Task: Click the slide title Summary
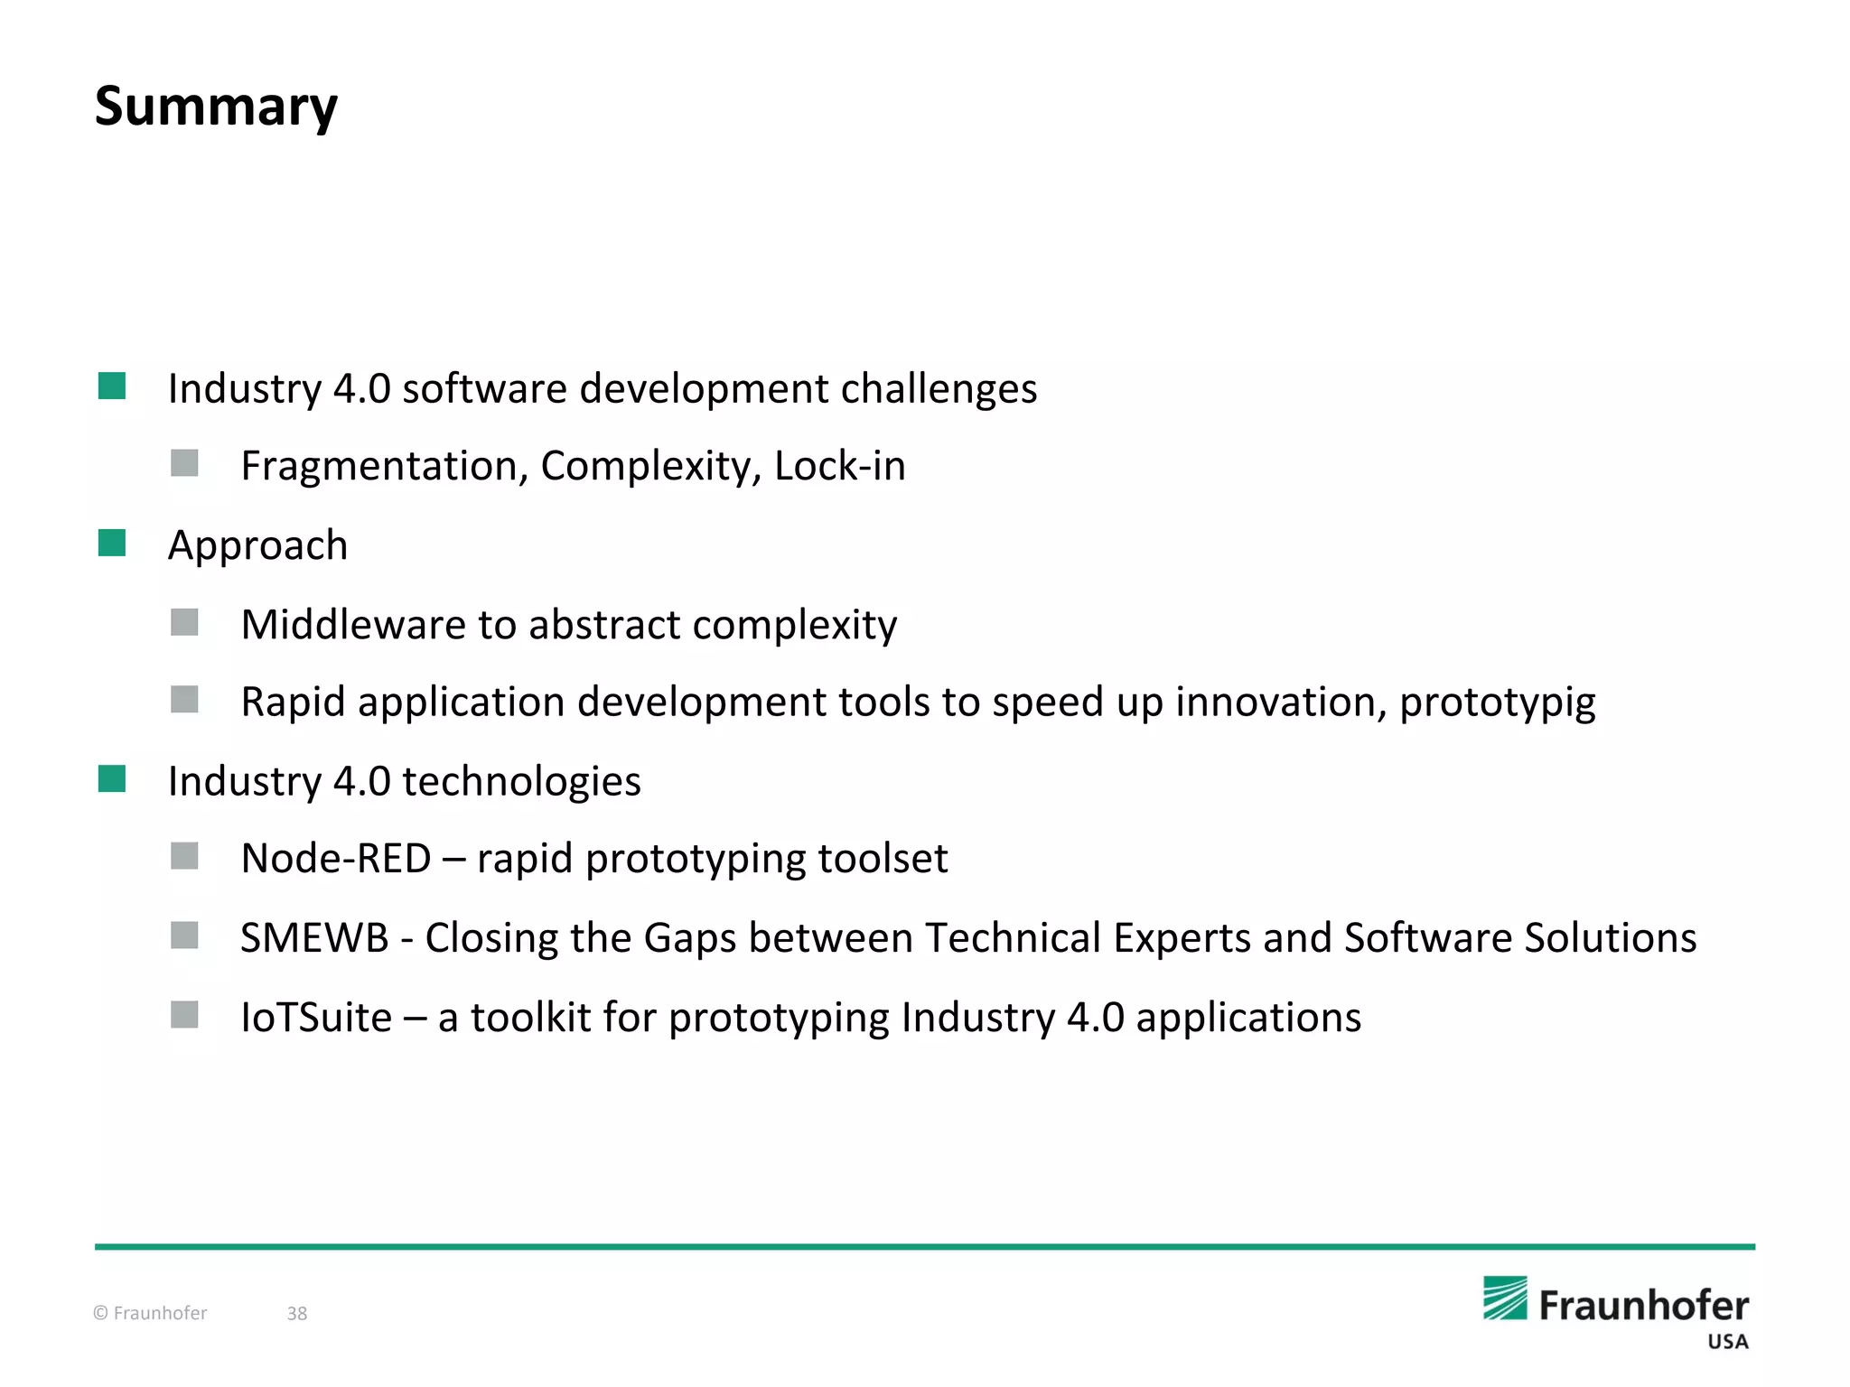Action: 216,107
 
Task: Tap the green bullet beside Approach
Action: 112,544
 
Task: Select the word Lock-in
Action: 839,466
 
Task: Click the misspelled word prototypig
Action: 1497,703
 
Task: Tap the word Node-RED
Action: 336,858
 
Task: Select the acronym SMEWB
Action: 314,937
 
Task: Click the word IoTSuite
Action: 316,1017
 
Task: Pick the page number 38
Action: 297,1313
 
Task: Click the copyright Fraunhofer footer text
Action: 151,1313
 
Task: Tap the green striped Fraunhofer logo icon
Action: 1505,1299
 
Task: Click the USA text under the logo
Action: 1727,1342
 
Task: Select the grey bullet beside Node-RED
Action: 184,856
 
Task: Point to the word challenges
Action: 939,388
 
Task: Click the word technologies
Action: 521,781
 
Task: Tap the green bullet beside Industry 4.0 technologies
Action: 112,778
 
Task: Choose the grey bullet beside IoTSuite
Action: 184,1015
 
